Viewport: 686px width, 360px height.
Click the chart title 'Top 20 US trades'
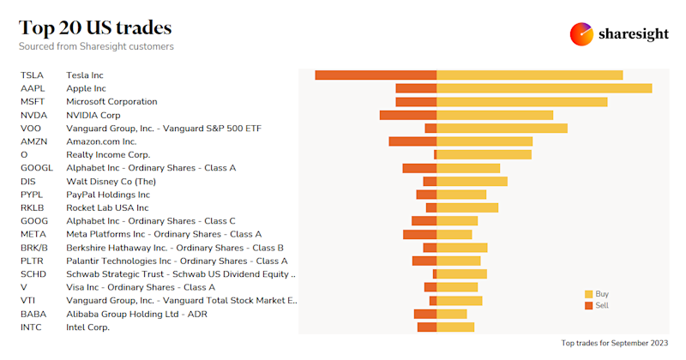coord(95,27)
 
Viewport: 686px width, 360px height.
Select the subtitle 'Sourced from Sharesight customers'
coord(96,46)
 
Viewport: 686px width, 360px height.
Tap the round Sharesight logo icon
coord(582,33)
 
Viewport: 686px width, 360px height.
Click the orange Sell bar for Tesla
coord(376,75)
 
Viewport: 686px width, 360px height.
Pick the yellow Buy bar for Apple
coord(545,88)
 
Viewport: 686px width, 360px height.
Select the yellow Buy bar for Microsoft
coord(522,102)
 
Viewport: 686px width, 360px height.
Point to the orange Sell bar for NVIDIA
coord(408,115)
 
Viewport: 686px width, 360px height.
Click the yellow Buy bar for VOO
coord(502,129)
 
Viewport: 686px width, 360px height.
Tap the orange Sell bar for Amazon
coord(412,141)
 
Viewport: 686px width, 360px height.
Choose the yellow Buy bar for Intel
coord(455,327)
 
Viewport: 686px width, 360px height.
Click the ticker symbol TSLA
coord(32,75)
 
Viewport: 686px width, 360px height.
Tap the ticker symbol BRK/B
coord(34,248)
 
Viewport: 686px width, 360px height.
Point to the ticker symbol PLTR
coord(32,261)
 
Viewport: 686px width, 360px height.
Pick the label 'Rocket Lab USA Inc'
coord(107,207)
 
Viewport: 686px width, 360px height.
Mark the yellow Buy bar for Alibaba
coord(452,314)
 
